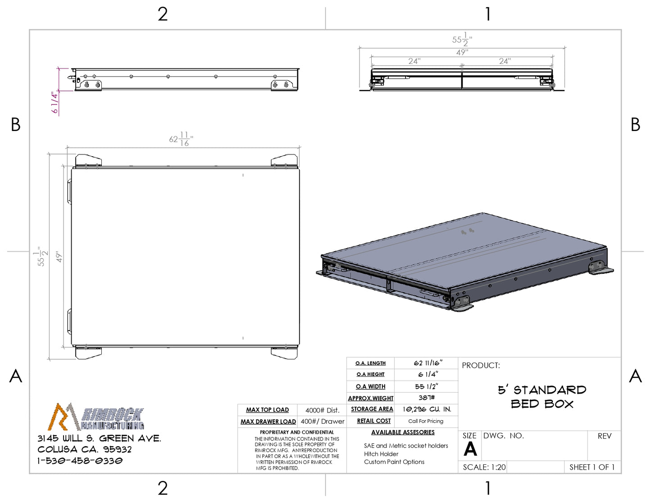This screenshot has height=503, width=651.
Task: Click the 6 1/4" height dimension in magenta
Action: point(55,103)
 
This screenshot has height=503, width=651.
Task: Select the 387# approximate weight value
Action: point(426,398)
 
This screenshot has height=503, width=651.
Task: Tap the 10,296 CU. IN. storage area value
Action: point(427,409)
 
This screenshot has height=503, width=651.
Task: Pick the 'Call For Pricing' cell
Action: point(426,421)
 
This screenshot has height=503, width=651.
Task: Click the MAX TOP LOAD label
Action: point(267,410)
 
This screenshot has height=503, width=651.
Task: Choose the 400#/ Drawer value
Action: point(323,421)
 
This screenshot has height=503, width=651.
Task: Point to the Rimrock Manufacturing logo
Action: point(96,417)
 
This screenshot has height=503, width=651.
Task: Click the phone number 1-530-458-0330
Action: point(80,461)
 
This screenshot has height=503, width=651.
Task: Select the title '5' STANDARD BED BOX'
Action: point(542,397)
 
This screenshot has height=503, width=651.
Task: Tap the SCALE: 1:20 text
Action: point(484,467)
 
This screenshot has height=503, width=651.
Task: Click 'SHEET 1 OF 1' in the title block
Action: point(592,467)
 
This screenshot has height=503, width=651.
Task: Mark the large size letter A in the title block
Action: point(470,449)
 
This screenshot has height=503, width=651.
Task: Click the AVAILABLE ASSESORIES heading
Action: point(403,432)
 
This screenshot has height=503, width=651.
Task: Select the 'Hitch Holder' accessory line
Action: point(381,454)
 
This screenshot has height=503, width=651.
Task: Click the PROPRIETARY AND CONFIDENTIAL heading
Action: point(297,432)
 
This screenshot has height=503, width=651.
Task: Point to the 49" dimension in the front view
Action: point(462,52)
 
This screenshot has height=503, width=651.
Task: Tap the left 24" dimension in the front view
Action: point(414,61)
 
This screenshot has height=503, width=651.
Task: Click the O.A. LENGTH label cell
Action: point(370,363)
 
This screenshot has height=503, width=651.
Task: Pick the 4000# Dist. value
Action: point(322,410)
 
